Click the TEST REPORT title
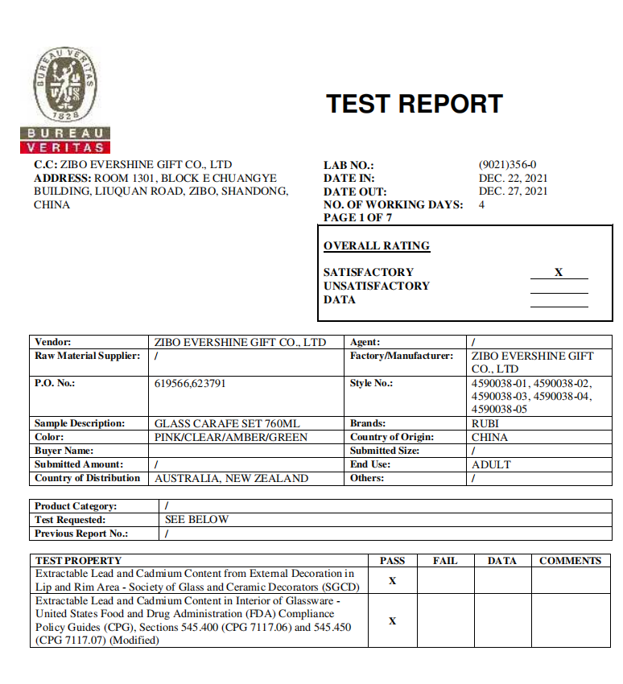tap(414, 104)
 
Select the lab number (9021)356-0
tap(507, 164)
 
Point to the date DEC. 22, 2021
tap(513, 178)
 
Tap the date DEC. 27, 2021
tap(513, 192)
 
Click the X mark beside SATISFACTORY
tap(559, 272)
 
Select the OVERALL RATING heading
tap(377, 246)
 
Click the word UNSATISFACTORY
tap(377, 286)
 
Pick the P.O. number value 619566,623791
tap(190, 383)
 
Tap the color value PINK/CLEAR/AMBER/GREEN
tap(230, 437)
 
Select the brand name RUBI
tap(485, 423)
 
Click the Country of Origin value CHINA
tap(489, 437)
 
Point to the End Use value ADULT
tap(491, 464)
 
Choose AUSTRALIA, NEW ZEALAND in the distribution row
tap(231, 478)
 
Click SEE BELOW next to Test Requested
tap(196, 520)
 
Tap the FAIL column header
tap(445, 561)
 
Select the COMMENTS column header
tap(570, 561)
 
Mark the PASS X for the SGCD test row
tap(392, 581)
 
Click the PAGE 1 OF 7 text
tap(357, 217)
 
